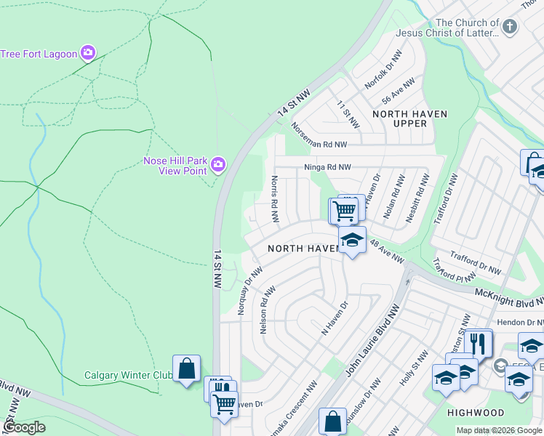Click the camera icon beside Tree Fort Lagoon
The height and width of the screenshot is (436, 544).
[88, 52]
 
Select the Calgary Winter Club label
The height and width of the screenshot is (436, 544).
[127, 375]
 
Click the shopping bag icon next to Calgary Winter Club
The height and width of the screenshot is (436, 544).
[186, 368]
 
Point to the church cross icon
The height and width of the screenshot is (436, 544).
[510, 28]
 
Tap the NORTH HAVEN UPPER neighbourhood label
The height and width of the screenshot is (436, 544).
[409, 118]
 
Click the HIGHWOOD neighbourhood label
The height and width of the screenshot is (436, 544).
[476, 413]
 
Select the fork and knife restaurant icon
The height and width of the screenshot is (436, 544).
[477, 343]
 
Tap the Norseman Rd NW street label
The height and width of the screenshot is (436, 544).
[324, 135]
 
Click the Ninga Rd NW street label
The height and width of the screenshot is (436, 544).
[327, 167]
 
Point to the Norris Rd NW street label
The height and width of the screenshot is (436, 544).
[275, 199]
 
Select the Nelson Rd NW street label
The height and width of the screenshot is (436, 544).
[265, 310]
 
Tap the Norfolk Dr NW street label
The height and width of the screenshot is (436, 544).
[383, 70]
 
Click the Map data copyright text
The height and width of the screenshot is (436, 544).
[499, 430]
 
